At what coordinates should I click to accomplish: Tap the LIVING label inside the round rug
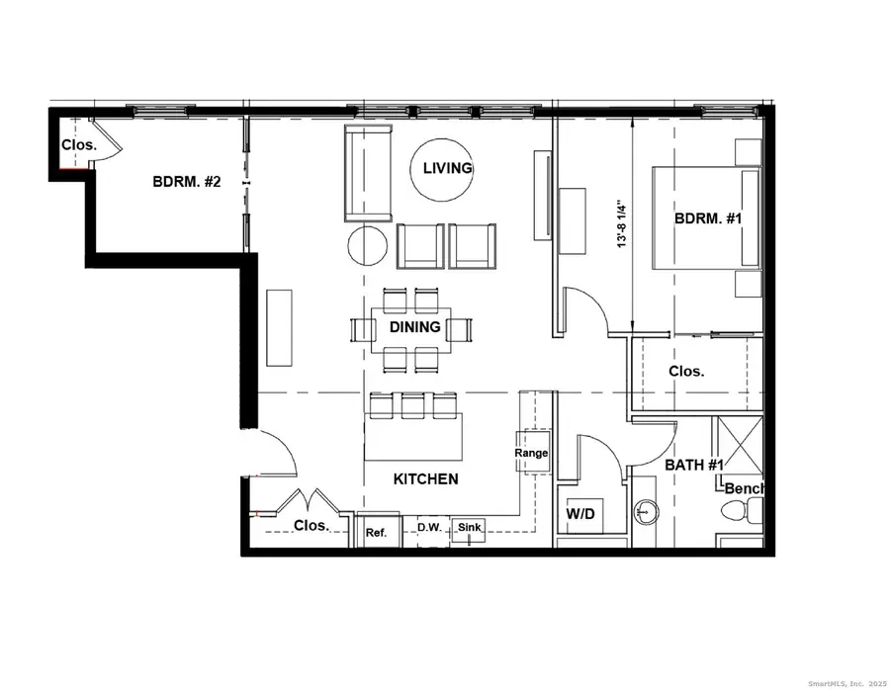447,168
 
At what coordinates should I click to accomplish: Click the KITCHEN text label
425,479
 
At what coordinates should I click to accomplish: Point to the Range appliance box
531,452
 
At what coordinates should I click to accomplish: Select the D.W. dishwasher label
428,528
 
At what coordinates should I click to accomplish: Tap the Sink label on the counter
470,528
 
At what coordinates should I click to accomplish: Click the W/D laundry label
579,515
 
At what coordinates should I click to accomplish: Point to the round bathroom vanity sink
644,512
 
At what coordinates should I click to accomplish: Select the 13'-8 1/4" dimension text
621,224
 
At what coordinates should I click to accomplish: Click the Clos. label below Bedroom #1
686,372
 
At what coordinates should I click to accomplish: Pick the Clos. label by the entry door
311,526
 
